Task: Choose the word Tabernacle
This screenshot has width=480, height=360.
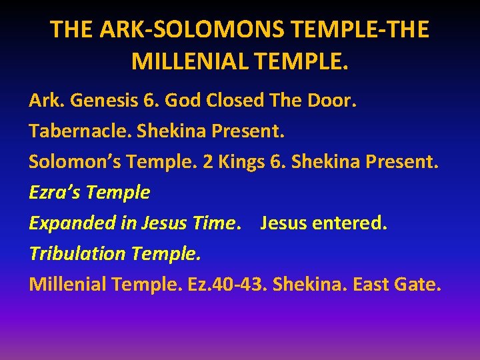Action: click(80, 131)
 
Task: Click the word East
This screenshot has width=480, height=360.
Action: click(373, 285)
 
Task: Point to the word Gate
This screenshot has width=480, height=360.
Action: click(419, 285)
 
